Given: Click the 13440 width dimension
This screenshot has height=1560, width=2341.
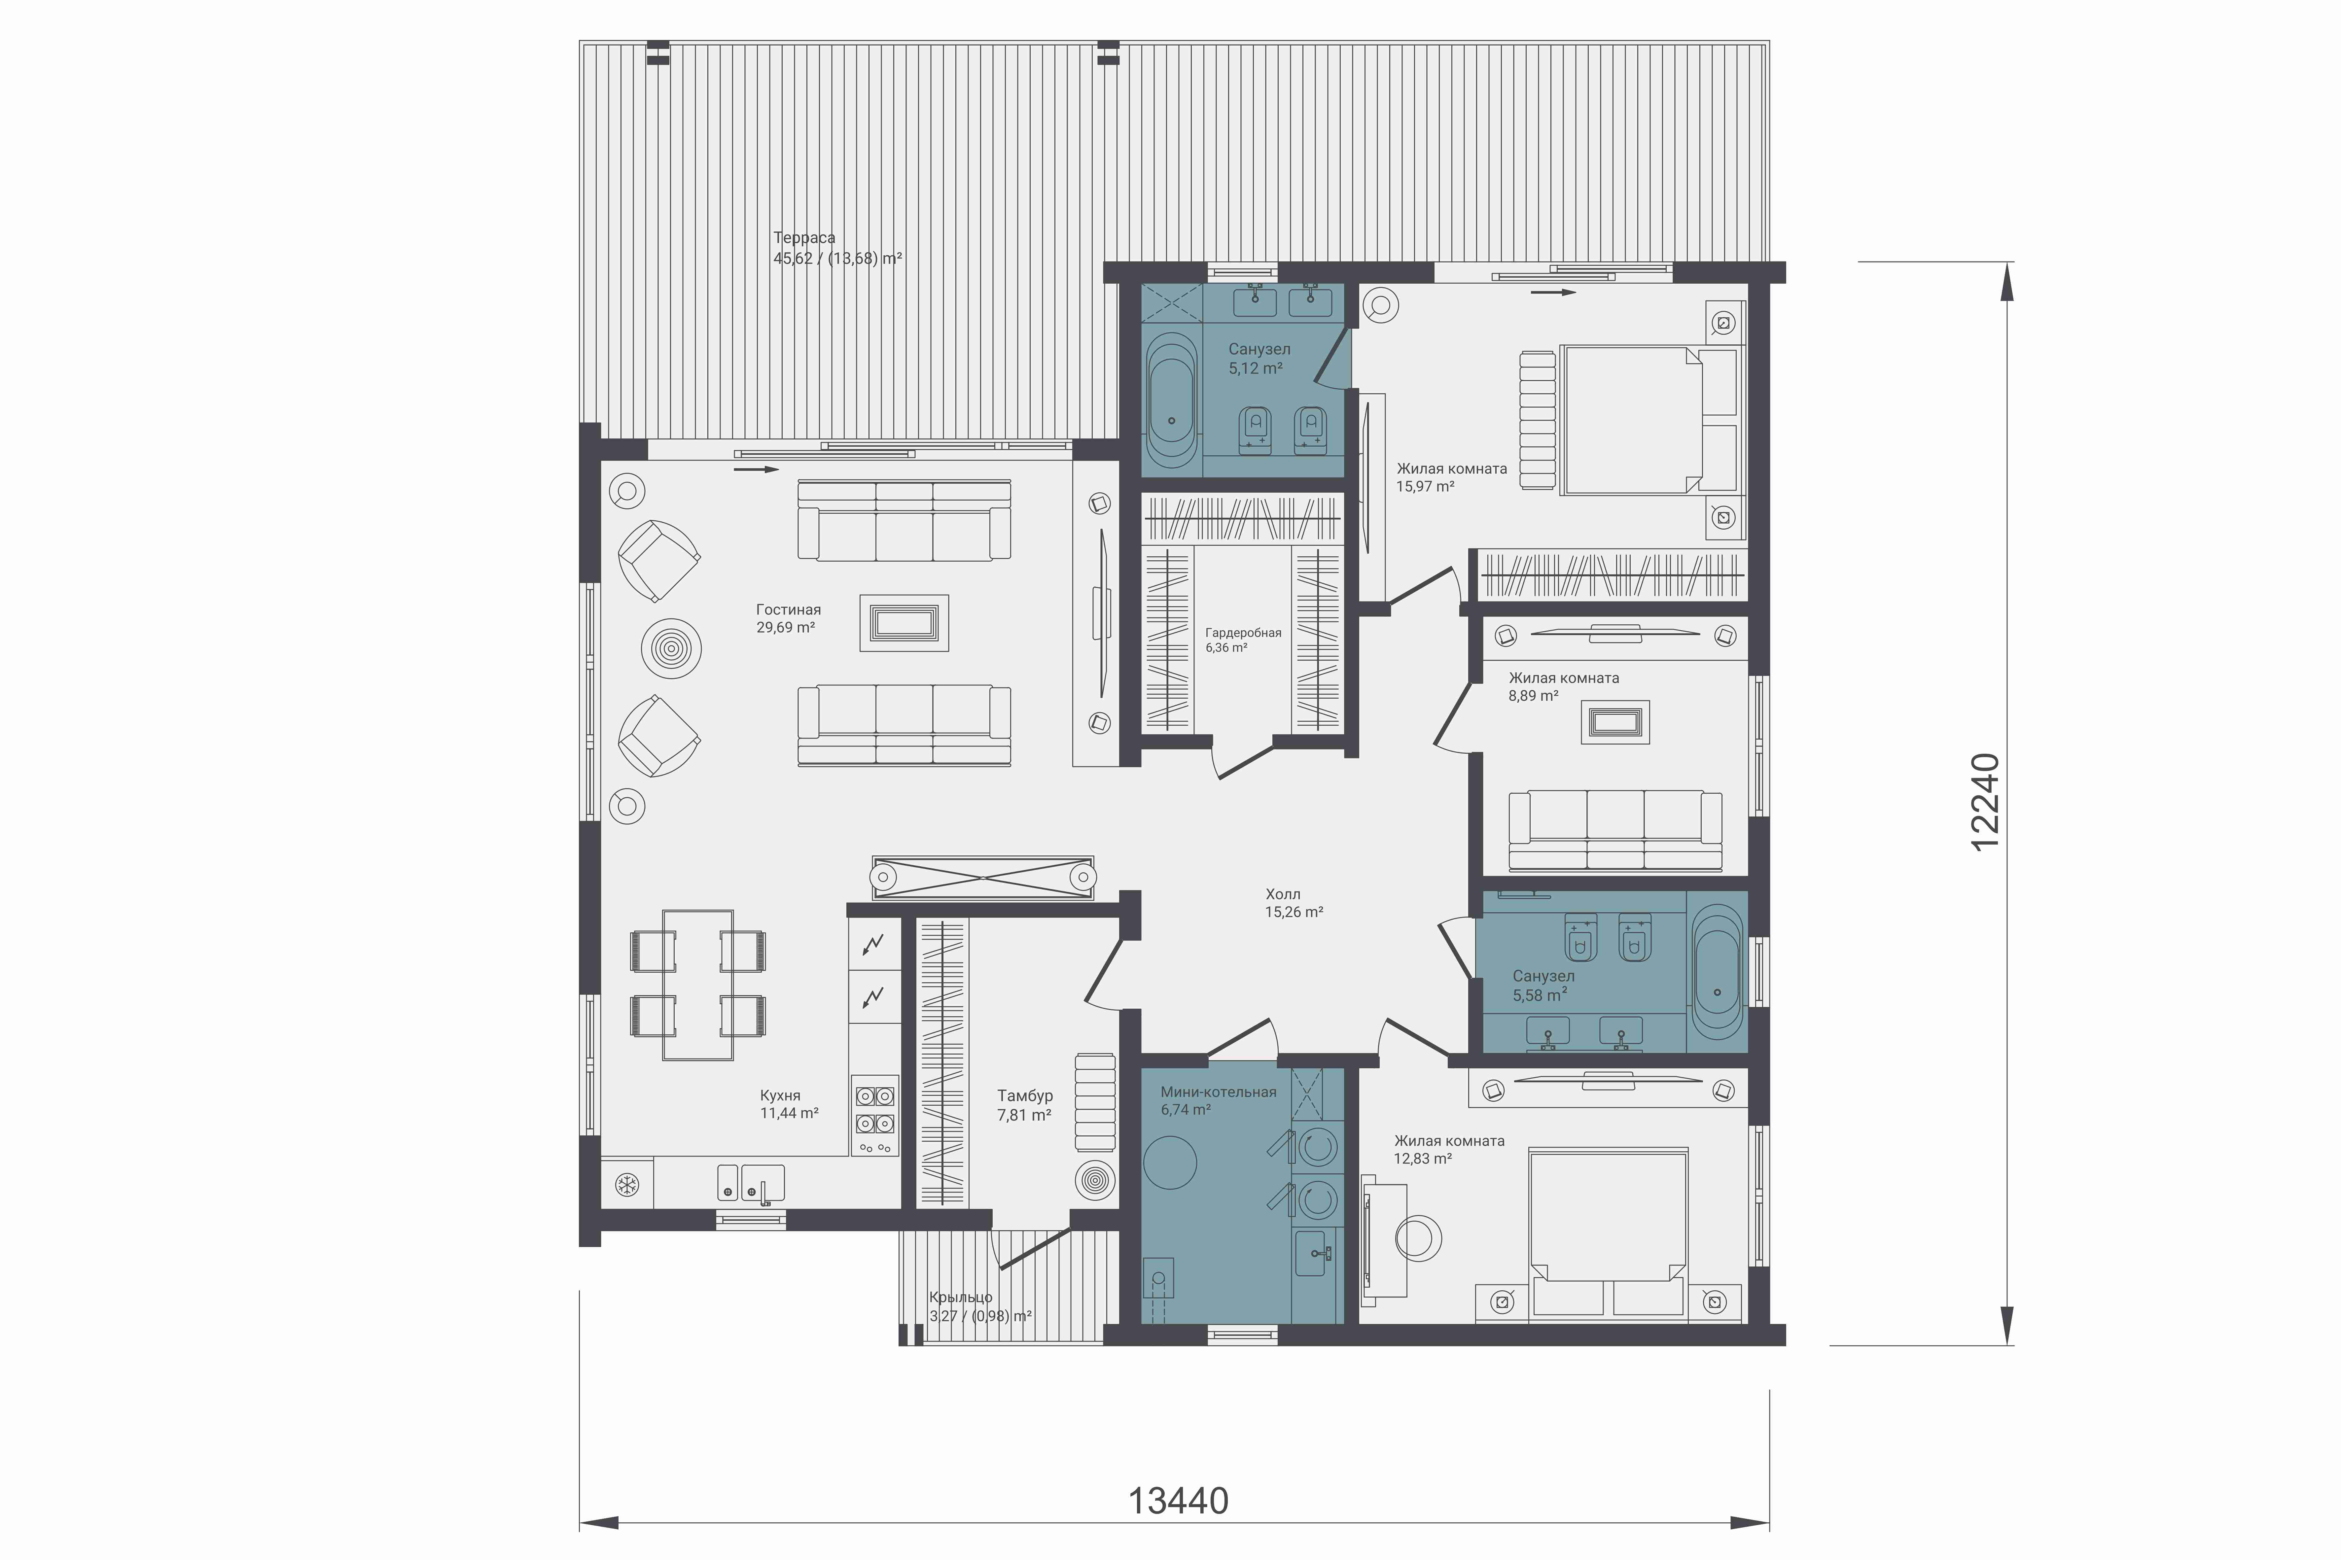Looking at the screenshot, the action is click(x=1178, y=1500).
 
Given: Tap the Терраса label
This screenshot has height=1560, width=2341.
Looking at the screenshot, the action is click(x=804, y=238).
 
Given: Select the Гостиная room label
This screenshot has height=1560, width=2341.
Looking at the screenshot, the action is click(x=788, y=610).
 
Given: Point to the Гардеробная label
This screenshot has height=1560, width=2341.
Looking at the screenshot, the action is click(x=1243, y=633).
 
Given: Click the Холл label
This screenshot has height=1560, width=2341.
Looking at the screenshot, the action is click(x=1282, y=894).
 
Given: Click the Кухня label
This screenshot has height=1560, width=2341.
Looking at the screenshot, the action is click(x=780, y=1095).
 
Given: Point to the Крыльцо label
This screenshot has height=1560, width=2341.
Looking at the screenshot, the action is click(x=960, y=1297).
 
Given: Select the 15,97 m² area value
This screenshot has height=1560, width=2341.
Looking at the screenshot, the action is click(x=1425, y=487).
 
